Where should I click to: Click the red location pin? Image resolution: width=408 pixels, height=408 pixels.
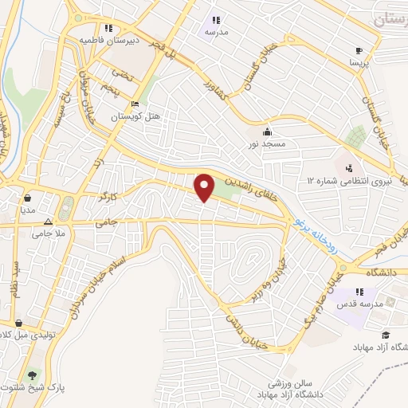pos(205,187)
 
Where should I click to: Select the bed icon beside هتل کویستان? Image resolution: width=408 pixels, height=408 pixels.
pos(135,104)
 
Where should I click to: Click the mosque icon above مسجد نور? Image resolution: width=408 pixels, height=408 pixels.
pos(266,132)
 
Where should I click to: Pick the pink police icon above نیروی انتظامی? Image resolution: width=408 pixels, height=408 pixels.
pos(348,168)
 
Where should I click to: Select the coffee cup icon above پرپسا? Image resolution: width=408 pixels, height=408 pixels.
pos(359,49)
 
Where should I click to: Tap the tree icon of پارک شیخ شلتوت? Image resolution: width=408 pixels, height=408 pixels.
pos(32,375)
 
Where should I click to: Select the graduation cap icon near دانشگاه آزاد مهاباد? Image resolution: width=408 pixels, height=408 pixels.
pos(386,335)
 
